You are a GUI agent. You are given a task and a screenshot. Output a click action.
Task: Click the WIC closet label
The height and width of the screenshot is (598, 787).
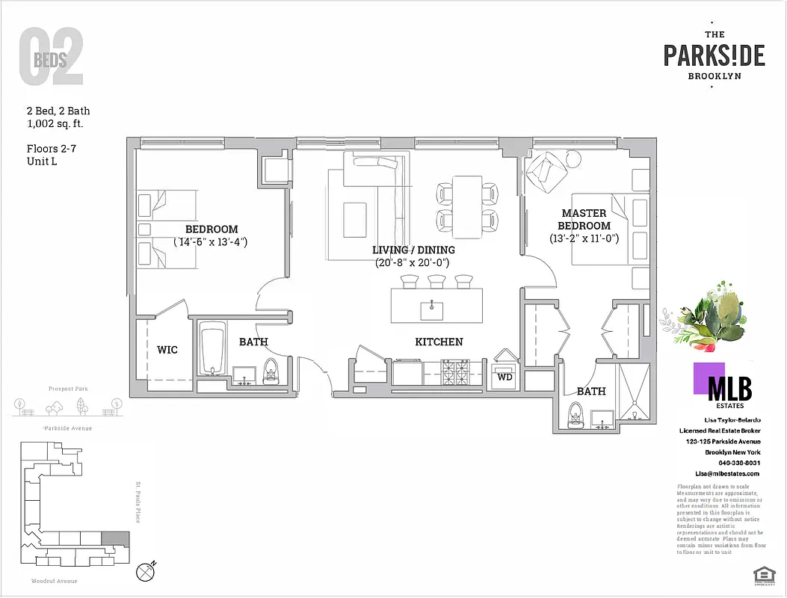coord(167,350)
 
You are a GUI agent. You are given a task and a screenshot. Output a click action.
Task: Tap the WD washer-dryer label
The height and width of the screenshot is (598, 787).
coord(504,377)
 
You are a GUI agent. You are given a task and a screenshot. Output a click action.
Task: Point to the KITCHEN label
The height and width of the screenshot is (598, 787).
coord(439,342)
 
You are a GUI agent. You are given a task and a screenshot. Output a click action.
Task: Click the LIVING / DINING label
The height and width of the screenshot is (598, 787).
coord(413,250)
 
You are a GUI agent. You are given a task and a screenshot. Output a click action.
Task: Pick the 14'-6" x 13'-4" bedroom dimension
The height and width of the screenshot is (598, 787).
coord(211,241)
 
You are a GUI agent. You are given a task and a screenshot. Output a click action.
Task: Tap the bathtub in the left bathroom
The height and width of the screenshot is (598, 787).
coord(214,350)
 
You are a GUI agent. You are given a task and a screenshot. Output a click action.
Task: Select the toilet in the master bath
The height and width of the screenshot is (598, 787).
coord(575,413)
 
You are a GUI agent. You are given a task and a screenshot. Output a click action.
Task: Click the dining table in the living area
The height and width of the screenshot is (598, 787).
coord(468,204)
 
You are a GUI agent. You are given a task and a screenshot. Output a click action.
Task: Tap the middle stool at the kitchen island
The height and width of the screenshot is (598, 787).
coord(436,281)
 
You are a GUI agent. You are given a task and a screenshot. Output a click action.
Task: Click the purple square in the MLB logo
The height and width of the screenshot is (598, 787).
coord(709,377)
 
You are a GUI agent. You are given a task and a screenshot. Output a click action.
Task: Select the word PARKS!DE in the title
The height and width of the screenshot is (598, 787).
coord(714,55)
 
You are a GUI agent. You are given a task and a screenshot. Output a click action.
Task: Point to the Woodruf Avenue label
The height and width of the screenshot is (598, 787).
coord(54,581)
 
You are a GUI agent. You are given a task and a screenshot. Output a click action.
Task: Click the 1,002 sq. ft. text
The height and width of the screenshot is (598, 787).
coord(58,124)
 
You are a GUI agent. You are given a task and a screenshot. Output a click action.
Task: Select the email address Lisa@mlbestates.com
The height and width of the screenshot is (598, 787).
coord(726,473)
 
